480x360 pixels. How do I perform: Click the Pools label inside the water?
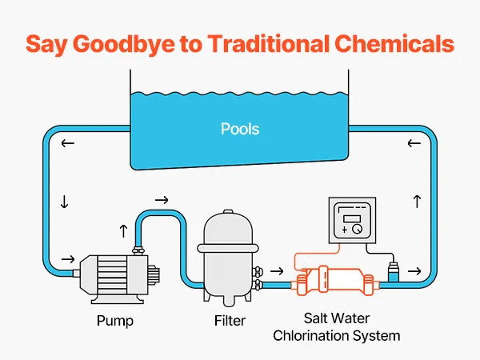240,129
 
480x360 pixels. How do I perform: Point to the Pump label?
115,321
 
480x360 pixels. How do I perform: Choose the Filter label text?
230,321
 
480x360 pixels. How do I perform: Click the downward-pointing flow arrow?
64,202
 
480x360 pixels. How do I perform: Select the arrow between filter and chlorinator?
277,271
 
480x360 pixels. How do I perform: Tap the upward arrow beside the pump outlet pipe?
123,231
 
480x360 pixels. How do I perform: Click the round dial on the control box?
357,229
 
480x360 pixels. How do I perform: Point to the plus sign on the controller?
345,230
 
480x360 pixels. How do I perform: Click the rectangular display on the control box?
352,219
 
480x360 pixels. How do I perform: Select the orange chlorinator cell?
335,280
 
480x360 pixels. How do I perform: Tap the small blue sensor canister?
394,271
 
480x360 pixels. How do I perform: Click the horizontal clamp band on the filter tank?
228,248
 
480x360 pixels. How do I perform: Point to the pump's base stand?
118,299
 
